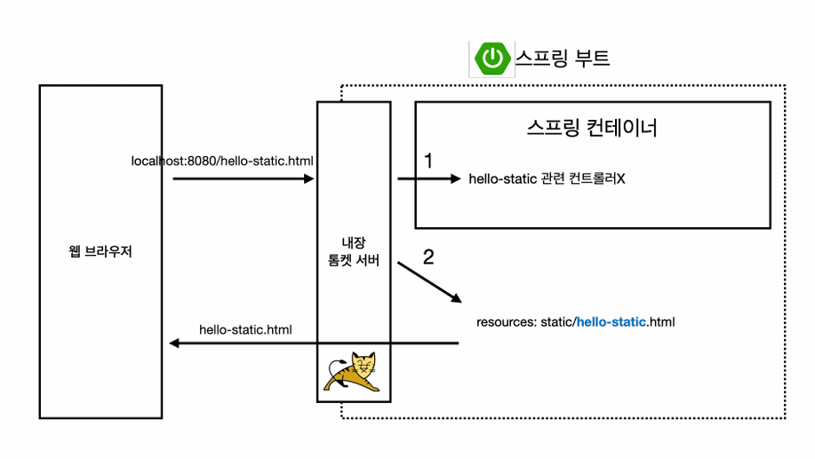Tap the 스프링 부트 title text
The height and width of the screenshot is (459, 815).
click(x=563, y=59)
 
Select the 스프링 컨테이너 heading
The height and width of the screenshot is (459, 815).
click(x=592, y=128)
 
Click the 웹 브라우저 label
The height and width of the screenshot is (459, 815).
click(x=100, y=252)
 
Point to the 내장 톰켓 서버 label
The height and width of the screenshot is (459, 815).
click(x=353, y=250)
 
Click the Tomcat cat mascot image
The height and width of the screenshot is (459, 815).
click(x=354, y=372)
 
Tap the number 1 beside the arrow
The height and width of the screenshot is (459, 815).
click(x=428, y=161)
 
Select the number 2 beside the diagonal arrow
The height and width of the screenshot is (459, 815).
click(x=428, y=257)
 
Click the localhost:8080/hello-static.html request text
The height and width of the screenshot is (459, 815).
click(x=222, y=161)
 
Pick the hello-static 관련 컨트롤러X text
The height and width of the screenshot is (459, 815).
click(x=547, y=179)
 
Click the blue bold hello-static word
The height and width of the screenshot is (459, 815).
click(x=612, y=321)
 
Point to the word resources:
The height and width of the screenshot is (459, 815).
click(x=506, y=321)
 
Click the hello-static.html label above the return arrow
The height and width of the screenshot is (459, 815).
click(x=245, y=329)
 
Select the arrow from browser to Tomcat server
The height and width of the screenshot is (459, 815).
click(x=244, y=179)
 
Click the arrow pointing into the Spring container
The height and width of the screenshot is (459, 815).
click(x=430, y=179)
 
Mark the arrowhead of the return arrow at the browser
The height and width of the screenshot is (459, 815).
click(x=174, y=344)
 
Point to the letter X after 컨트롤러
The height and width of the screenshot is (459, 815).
click(x=622, y=179)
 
